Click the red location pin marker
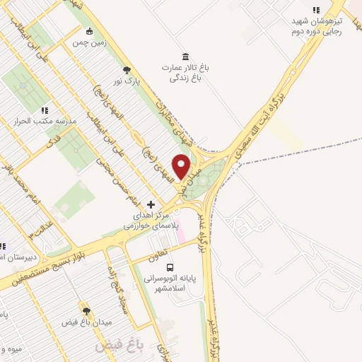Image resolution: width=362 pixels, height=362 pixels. coord(182,167)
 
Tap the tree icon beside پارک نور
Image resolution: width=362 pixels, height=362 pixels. coord(127,69)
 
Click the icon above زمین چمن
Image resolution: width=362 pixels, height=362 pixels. coord(89,31)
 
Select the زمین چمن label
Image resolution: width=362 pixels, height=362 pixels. coord(89,42)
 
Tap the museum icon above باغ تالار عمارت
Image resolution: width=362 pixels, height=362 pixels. coord(185,57)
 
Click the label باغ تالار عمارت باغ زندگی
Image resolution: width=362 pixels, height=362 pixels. coord(185,73)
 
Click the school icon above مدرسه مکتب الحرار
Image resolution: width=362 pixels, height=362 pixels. coord(45,110)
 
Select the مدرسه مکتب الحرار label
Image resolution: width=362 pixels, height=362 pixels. coord(45,122)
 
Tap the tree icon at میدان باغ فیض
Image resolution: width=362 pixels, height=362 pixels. coord(86,310)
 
